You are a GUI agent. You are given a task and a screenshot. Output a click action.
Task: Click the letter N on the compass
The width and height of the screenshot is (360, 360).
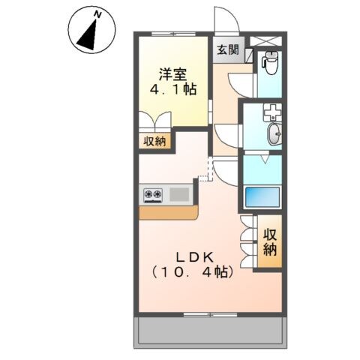coord(97,14)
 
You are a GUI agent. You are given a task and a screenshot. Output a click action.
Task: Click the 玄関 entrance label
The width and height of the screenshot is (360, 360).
coord(228,50)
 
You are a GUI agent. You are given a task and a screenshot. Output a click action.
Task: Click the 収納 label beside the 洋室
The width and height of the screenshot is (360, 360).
coord(155,141)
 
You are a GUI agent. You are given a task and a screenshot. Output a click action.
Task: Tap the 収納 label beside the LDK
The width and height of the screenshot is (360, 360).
coord(270,242)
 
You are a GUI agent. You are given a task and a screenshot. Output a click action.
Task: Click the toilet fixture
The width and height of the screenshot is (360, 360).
coord(270,63)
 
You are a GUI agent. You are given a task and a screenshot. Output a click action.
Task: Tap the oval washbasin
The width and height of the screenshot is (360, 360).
coord(274,135)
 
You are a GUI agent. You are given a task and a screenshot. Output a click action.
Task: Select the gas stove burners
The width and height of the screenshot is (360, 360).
coord(153,195)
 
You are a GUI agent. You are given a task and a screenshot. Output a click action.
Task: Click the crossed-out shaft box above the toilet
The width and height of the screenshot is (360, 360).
coord(268,41)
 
